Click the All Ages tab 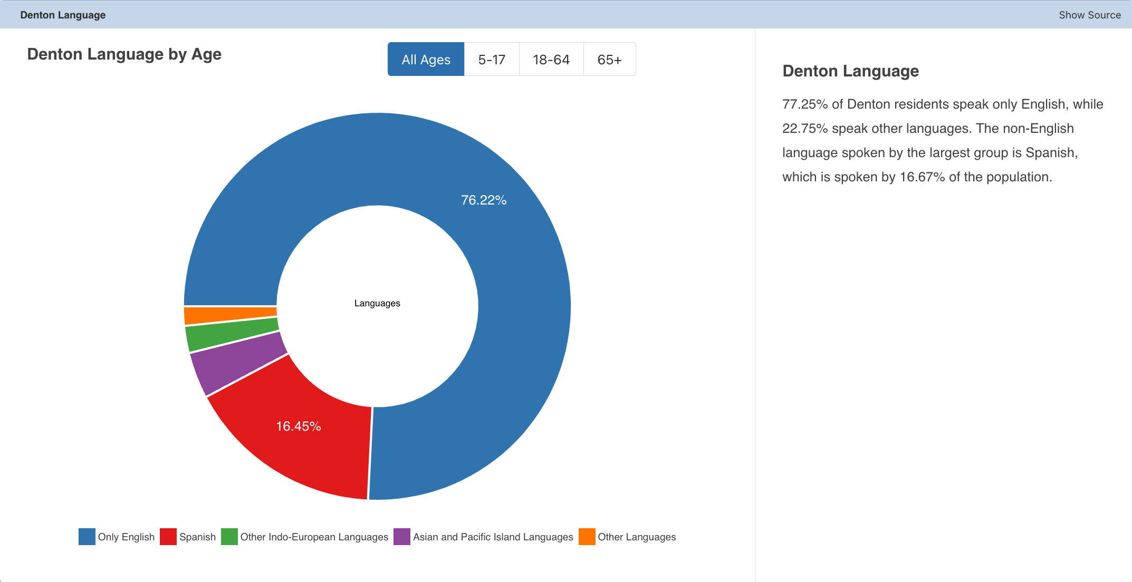pyautogui.click(x=426, y=59)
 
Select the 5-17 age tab pyautogui.click(x=492, y=59)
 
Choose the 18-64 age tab pyautogui.click(x=551, y=59)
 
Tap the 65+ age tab pyautogui.click(x=609, y=59)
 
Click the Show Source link pyautogui.click(x=1090, y=15)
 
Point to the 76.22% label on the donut pyautogui.click(x=484, y=200)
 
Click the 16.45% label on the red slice pyautogui.click(x=299, y=426)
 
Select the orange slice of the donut pyautogui.click(x=230, y=315)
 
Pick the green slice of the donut pyautogui.click(x=232, y=334)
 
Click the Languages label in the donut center pyautogui.click(x=377, y=303)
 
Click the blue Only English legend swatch pyautogui.click(x=87, y=537)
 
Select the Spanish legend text pyautogui.click(x=197, y=537)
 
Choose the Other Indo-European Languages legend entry pyautogui.click(x=305, y=537)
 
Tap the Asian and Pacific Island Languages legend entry pyautogui.click(x=483, y=537)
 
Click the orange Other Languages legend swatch pyautogui.click(x=587, y=537)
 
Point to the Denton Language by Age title pyautogui.click(x=124, y=54)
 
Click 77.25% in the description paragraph pyautogui.click(x=805, y=104)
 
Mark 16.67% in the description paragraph pyautogui.click(x=922, y=177)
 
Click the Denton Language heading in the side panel pyautogui.click(x=851, y=71)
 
